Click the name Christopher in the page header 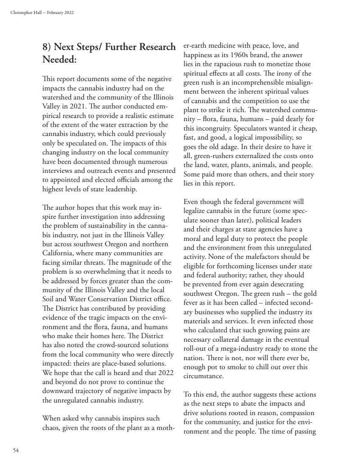click(x=19, y=12)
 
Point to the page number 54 click(x=16, y=450)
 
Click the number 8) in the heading click(x=48, y=47)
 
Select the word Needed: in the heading click(x=59, y=59)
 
